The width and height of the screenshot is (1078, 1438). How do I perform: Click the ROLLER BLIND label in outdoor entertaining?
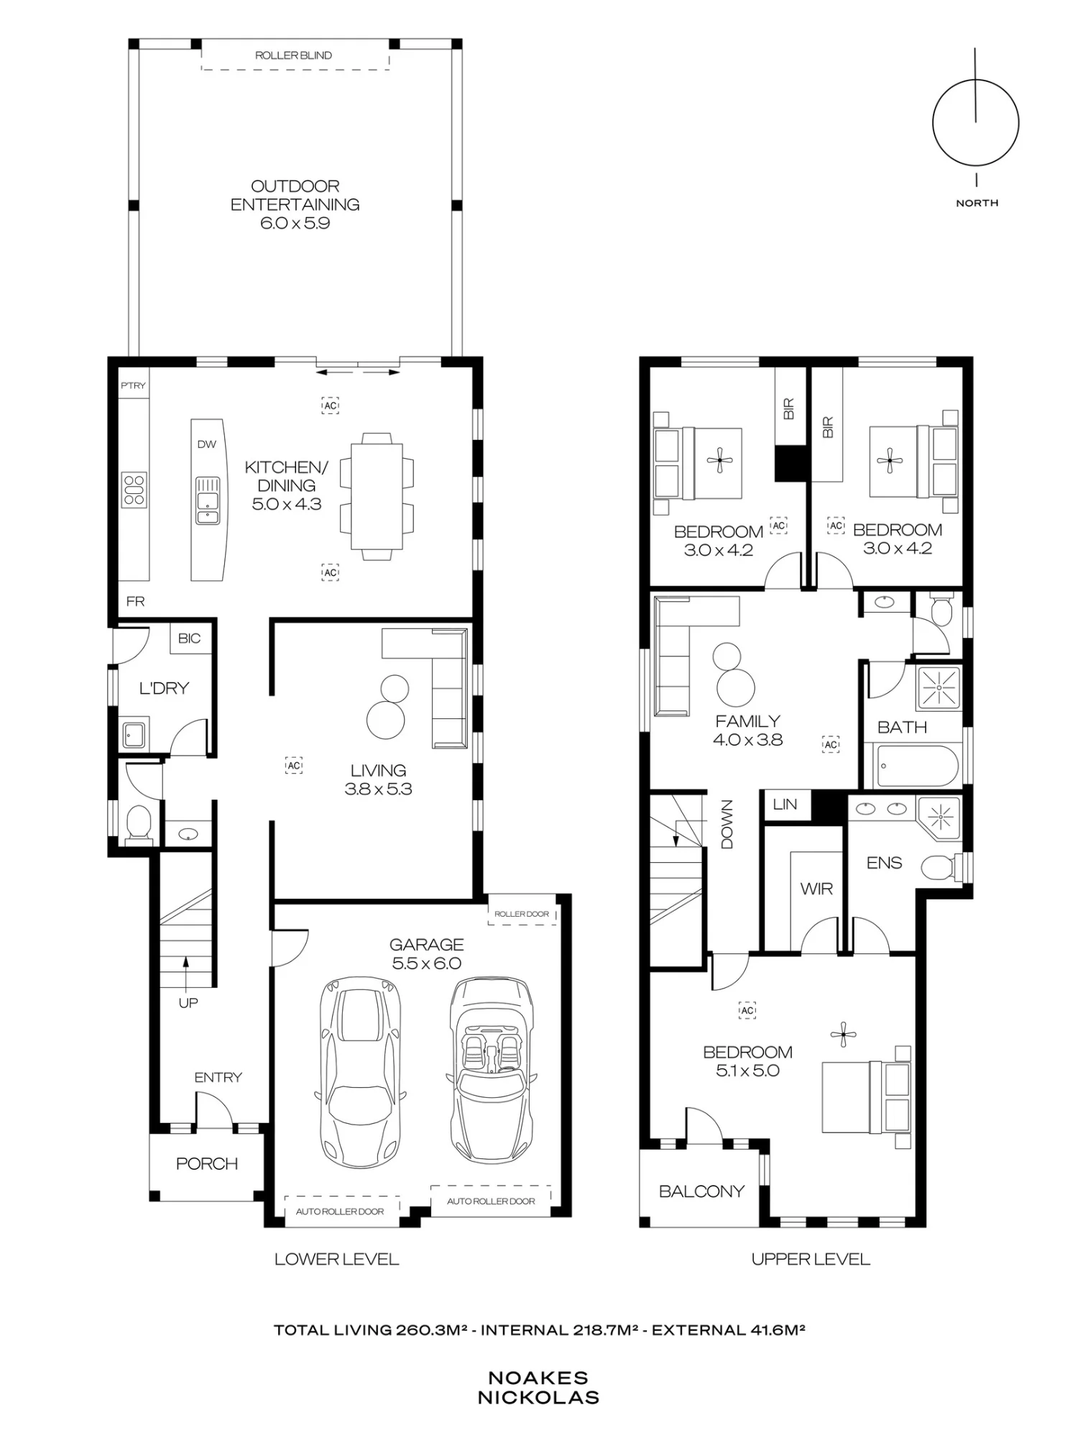point(293,55)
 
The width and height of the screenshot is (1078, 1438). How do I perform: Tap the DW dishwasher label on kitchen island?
point(207,444)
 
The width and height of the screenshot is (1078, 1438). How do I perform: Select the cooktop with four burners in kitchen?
point(134,490)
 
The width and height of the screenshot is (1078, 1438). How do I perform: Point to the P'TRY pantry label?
point(133,385)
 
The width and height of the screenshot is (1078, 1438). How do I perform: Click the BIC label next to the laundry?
point(190,638)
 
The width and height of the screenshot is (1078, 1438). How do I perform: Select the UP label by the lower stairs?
point(188,1002)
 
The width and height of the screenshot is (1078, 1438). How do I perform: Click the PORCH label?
point(207,1163)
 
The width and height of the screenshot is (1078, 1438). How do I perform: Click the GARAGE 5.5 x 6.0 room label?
point(427,954)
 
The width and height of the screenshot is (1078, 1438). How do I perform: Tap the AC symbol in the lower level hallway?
point(293,765)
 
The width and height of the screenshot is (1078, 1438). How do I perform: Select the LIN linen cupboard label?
point(785,805)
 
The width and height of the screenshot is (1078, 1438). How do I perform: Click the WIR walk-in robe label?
point(816,889)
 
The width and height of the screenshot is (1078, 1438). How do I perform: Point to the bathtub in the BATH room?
point(916,766)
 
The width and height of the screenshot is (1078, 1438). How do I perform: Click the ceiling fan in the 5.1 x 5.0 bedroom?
point(843,1035)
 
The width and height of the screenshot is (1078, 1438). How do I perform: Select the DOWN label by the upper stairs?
point(727,825)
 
